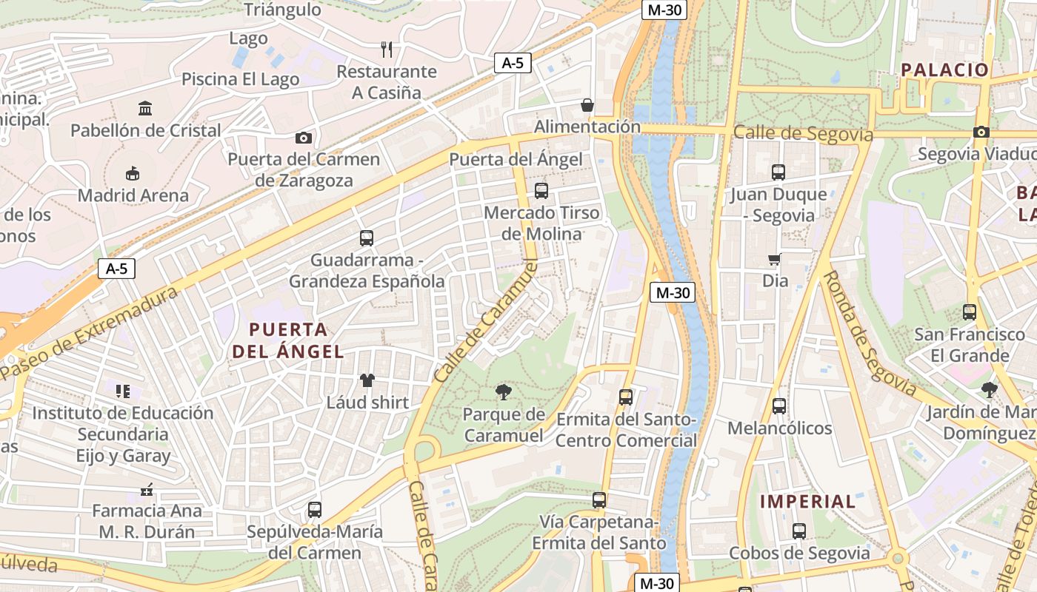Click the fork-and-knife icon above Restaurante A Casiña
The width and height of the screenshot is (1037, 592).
pos(386,50)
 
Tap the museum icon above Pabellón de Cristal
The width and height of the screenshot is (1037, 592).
pos(145,109)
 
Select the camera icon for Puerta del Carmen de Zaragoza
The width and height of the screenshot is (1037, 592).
pos(303,138)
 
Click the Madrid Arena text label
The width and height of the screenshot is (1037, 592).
pos(133,195)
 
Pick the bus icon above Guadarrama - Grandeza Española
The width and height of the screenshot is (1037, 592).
pos(366,238)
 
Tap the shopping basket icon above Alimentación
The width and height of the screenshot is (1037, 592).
pos(587,105)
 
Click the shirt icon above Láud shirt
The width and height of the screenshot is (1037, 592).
pos(367,380)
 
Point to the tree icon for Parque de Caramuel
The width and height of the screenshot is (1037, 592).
pos(504,391)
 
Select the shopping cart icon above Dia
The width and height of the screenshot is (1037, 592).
pos(775,259)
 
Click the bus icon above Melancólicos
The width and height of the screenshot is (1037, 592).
pos(779,406)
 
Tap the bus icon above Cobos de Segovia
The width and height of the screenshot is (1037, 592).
pos(798,531)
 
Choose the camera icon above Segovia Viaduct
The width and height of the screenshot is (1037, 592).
pos(981,132)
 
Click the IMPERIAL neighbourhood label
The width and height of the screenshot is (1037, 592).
pos(808,501)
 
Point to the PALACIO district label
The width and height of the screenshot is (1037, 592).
pos(944,70)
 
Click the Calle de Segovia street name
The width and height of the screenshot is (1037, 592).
pos(803,134)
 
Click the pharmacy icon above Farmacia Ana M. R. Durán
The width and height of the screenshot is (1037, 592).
pos(147,489)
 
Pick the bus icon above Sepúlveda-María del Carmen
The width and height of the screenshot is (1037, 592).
pos(315,510)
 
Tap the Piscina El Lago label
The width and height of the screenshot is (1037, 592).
pos(240,79)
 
